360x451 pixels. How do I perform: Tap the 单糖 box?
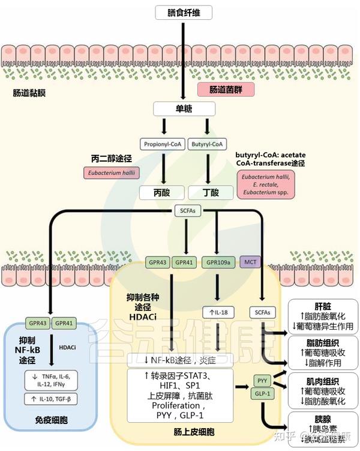(184, 108)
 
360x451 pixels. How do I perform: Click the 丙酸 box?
(161, 192)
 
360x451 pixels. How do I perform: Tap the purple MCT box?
(250, 263)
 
